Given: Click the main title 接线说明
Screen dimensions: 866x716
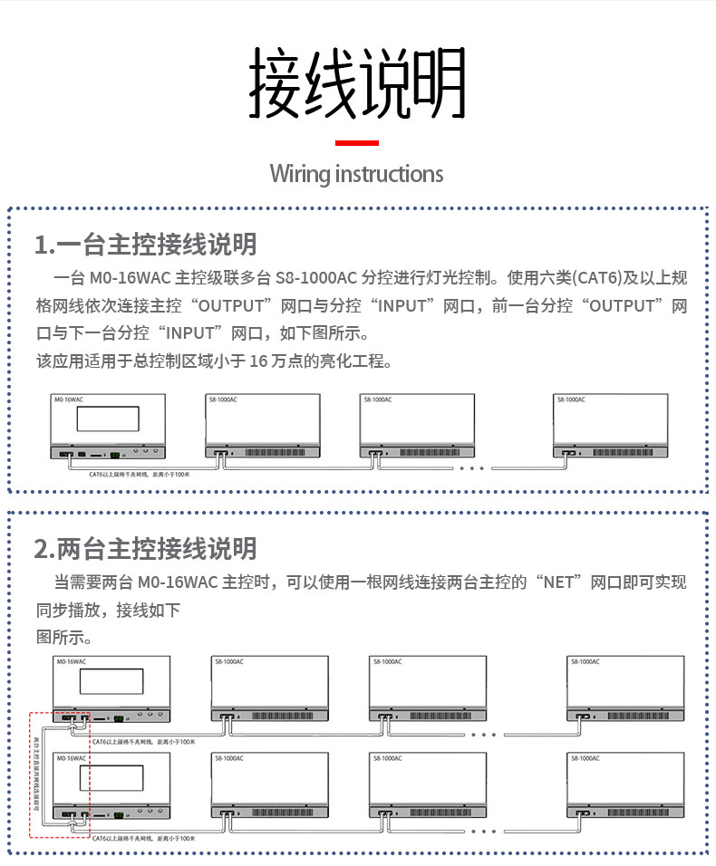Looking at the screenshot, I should point(357,83).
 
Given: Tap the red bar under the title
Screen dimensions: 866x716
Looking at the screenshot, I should point(357,143).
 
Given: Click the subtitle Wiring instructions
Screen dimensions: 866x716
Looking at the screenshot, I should point(357,174).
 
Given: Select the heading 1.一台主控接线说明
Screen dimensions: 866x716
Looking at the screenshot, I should point(146,245).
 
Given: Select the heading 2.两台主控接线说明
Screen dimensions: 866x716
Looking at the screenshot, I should point(146,549).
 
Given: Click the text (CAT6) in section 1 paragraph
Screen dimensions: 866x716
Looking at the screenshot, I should point(598,277).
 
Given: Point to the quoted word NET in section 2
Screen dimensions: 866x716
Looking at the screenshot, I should point(558,582).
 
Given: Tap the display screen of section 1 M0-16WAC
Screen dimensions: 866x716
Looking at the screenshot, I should point(107,419).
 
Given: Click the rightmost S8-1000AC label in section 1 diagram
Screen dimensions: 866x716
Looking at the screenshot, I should point(570,399).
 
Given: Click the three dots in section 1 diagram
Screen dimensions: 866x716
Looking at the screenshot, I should point(473,468).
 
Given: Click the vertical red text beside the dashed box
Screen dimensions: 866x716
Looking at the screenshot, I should point(37,774).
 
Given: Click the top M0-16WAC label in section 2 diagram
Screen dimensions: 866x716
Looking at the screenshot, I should point(72,662).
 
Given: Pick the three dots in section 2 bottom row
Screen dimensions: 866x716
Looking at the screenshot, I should point(484,830).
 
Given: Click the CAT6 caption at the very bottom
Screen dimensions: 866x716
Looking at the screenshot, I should point(143,840).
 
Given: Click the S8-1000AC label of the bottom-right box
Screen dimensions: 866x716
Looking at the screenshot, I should point(585,757).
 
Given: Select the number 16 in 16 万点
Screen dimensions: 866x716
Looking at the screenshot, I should point(259,361).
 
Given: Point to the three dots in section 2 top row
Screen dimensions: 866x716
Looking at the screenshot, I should point(484,735).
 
